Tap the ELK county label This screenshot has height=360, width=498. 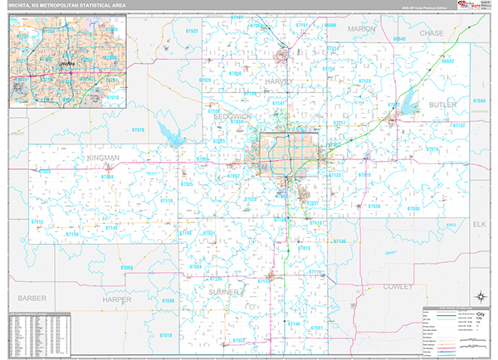[478, 225]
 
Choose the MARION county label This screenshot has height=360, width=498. [362, 29]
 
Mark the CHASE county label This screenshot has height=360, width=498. [432, 33]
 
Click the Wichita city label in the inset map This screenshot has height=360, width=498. [66, 62]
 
